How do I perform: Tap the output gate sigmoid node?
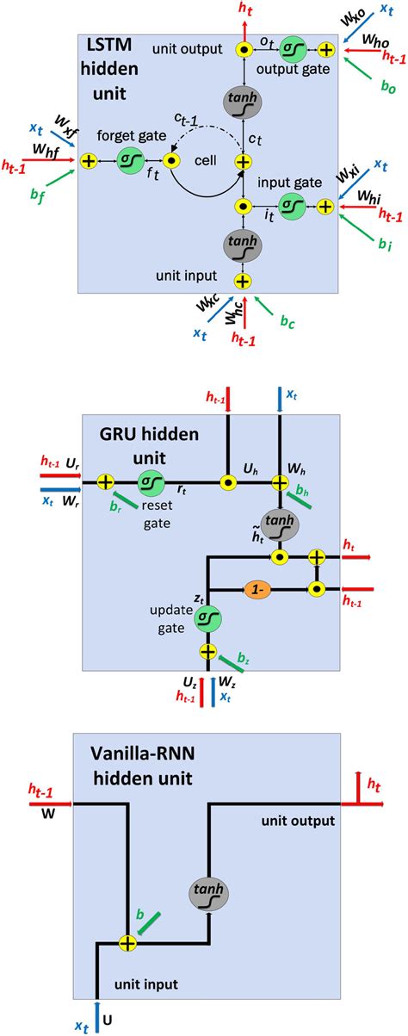click(x=293, y=50)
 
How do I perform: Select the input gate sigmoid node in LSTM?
click(x=293, y=207)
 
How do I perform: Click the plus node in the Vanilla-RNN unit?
click(x=127, y=944)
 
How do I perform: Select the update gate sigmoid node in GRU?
click(x=207, y=618)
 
